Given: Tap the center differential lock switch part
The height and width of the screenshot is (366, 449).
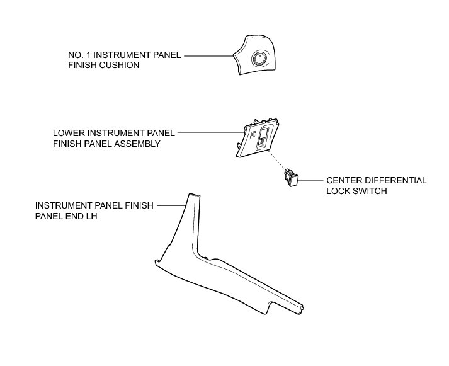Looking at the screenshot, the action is click(x=291, y=178).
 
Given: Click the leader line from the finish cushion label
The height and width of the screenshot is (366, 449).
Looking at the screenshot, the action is click(x=208, y=55).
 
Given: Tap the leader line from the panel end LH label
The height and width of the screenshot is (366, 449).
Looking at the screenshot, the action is click(x=170, y=205).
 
